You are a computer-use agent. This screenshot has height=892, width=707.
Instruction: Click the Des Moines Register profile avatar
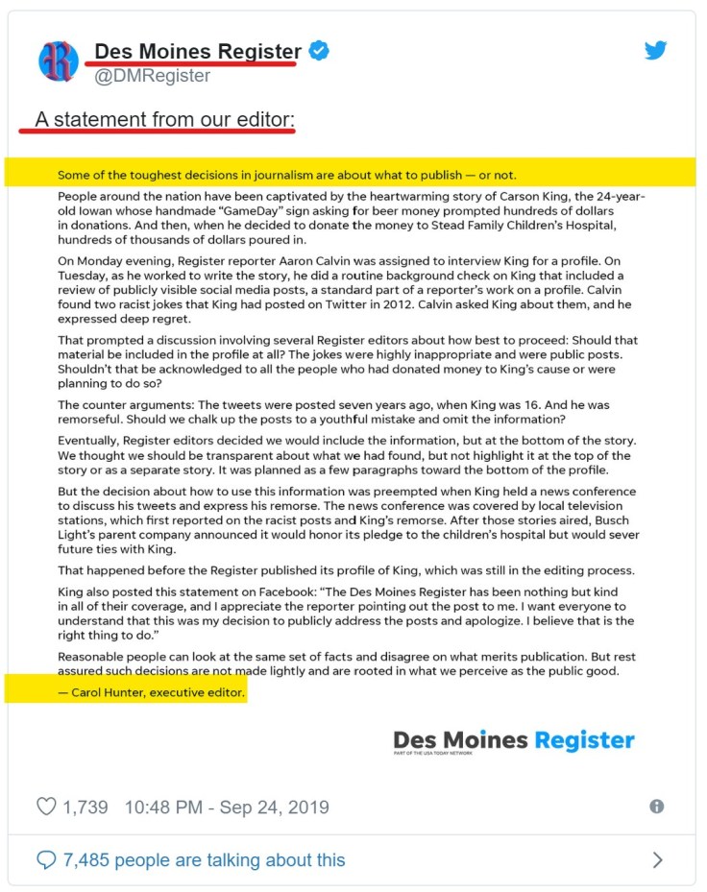coord(59,60)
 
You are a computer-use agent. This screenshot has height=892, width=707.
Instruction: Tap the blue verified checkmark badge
coord(319,51)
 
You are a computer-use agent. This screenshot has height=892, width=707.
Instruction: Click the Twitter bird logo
coord(656,51)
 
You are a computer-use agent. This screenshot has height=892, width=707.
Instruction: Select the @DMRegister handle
coord(152,76)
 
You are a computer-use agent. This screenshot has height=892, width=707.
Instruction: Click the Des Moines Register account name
coord(198,51)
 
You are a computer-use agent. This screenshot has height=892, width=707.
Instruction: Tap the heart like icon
coord(46,807)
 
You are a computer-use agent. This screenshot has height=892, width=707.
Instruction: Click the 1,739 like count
coord(85,807)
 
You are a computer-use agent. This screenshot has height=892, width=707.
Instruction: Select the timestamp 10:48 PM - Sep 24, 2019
coord(227,807)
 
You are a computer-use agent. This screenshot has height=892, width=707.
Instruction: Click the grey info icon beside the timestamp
coord(657,807)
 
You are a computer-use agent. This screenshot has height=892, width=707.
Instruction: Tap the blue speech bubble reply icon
coord(46,859)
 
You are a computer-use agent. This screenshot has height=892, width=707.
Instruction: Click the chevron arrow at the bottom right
coord(658,859)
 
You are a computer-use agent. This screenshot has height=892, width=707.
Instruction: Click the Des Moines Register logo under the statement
coord(514,741)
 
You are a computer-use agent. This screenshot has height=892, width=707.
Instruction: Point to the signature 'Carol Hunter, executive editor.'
coord(151,691)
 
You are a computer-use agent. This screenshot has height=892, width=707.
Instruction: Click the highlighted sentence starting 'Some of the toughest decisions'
coord(287,175)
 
